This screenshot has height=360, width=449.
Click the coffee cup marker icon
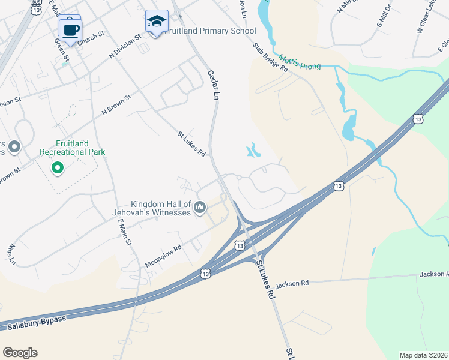point(70,28)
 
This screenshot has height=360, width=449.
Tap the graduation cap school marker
point(157,22)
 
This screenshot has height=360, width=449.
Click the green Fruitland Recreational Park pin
point(58,168)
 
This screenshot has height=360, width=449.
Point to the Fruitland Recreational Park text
point(72,148)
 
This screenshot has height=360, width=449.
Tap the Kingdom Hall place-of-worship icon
point(200,208)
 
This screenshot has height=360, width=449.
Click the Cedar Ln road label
point(212,84)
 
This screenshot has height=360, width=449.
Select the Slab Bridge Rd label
point(270,57)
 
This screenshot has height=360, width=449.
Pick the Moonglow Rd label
point(163,256)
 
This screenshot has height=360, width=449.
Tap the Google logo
point(20,352)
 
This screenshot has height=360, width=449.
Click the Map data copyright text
point(424,355)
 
